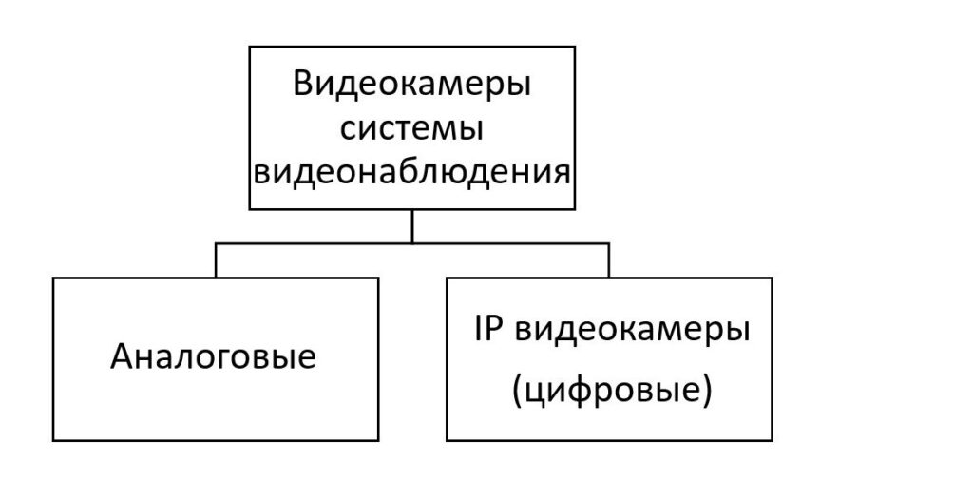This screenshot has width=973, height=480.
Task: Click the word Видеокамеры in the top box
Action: click(412, 86)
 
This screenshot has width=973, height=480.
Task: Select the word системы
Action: click(412, 130)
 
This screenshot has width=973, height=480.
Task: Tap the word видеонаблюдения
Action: click(412, 172)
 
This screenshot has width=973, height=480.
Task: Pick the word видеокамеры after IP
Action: click(632, 332)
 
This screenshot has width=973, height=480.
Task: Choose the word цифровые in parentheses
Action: click(611, 394)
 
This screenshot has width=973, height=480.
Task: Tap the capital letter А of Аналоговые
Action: click(123, 357)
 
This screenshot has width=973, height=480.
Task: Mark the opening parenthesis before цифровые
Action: click(518, 394)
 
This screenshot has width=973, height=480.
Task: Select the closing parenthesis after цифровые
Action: click(705, 394)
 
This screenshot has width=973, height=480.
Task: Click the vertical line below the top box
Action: click(412, 226)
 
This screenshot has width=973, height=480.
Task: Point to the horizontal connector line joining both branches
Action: click(412, 243)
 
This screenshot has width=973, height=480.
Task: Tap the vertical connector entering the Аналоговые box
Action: click(216, 260)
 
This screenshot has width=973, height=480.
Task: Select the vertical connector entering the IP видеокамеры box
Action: click(609, 260)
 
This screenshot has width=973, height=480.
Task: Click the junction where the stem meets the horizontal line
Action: click(412, 243)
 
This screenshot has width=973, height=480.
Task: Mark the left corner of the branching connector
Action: click(216, 243)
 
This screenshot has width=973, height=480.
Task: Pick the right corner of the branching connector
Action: click(609, 243)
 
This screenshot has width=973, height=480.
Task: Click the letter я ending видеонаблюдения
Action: click(561, 174)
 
